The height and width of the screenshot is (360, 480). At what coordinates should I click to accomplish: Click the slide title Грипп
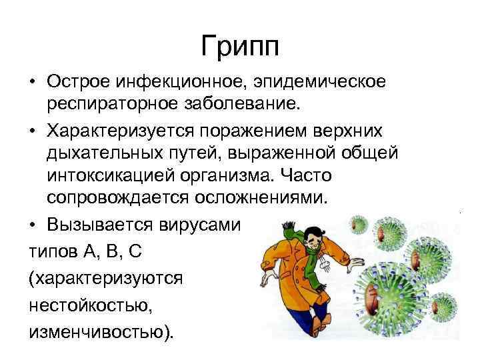point(239,47)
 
